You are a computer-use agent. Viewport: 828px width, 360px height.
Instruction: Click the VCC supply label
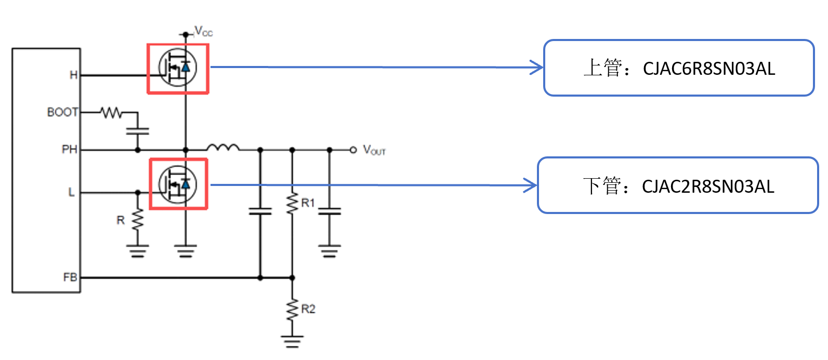tap(203, 32)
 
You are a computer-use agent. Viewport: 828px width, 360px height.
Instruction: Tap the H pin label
tap(73, 75)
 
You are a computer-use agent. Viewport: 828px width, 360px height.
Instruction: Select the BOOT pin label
tap(62, 112)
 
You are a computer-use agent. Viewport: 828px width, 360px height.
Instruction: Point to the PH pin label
tap(69, 150)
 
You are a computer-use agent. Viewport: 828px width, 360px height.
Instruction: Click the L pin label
tap(71, 192)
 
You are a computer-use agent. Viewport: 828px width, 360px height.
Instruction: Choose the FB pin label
tap(70, 277)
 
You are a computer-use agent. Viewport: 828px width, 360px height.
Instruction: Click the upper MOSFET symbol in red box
tap(178, 69)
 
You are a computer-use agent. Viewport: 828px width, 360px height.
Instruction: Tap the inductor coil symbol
tap(223, 148)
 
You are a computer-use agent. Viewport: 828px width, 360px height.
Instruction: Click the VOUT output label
tap(374, 151)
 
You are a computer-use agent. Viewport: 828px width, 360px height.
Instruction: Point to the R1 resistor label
tap(308, 203)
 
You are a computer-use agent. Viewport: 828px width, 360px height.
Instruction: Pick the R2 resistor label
tap(308, 309)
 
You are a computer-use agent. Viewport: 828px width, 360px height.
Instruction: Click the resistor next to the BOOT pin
tap(111, 112)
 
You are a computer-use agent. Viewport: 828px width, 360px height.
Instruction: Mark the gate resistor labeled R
tap(137, 220)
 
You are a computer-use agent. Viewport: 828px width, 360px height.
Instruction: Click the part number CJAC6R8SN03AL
tap(709, 69)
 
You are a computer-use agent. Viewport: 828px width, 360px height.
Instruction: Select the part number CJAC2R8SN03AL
tap(708, 186)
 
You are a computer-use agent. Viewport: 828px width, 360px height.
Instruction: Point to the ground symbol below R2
tap(292, 341)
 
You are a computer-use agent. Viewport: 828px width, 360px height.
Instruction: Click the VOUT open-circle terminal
tap(353, 150)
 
